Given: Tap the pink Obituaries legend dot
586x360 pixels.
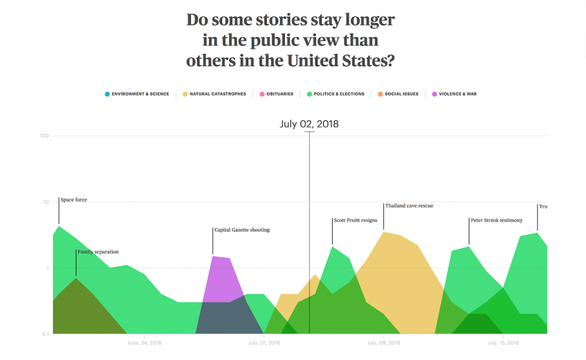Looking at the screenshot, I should point(262,94).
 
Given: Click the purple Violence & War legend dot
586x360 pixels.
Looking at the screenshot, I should point(434,94).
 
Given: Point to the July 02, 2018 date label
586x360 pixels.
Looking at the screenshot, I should point(309,124).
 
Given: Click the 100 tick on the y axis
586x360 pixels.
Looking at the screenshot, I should point(44,136).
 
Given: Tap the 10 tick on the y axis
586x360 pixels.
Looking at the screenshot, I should point(46,202).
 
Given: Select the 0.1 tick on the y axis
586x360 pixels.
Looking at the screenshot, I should point(45,334).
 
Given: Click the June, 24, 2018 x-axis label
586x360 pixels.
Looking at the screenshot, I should point(144,343).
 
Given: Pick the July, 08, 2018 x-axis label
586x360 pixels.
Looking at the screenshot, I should point(383,343).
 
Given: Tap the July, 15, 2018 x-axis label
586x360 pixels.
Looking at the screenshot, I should point(503,343).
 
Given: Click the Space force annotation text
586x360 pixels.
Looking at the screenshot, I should point(73,200).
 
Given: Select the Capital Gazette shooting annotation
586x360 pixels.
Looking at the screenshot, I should point(242,230).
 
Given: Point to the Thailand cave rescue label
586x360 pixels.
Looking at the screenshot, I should point(409,206).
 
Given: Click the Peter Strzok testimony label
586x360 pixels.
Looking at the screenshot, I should point(496,220).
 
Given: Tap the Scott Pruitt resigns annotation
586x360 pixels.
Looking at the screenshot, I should point(355,220).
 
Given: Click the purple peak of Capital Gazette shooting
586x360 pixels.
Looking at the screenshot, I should point(214,257).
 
